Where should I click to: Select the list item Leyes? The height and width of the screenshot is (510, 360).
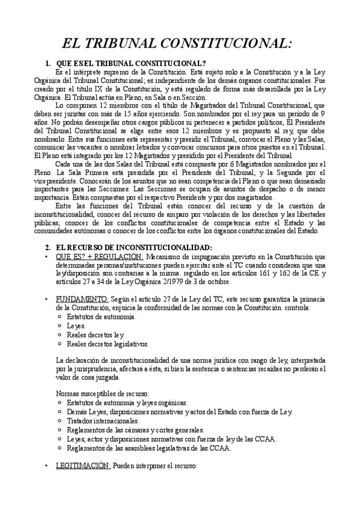pyautogui.click(x=76, y=325)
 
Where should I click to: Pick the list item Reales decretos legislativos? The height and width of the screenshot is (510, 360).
pyautogui.click(x=108, y=344)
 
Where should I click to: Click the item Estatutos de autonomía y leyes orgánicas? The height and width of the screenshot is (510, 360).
pyautogui.click(x=127, y=402)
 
